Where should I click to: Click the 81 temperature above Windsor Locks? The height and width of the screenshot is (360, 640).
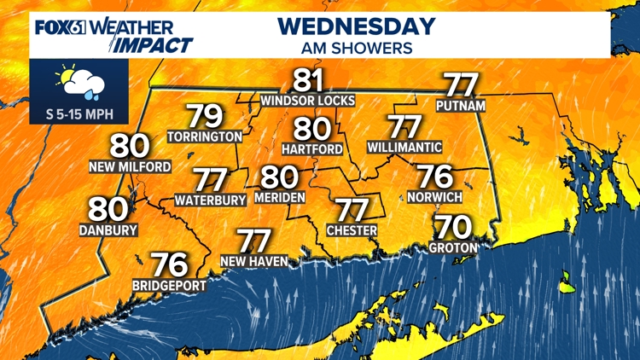(x=308, y=82)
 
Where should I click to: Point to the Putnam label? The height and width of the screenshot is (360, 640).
(x=461, y=106)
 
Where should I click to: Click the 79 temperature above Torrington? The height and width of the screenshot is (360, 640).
(x=205, y=117)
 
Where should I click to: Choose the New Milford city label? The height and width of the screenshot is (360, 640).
(x=130, y=166)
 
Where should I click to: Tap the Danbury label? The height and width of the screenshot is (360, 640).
(x=108, y=229)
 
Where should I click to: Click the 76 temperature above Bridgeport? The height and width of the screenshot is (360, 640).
(x=169, y=265)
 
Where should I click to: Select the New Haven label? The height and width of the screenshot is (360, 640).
(x=253, y=261)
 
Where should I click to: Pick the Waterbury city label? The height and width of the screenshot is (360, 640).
(x=210, y=200)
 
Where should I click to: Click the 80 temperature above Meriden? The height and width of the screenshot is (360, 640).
(x=279, y=177)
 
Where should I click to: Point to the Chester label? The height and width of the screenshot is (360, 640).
(x=352, y=230)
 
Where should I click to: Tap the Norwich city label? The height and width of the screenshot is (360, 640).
(x=435, y=197)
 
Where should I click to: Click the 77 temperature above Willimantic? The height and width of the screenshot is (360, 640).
(x=405, y=127)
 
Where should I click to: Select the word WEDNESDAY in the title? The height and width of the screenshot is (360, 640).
(x=356, y=26)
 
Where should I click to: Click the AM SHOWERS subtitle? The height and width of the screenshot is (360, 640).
(x=356, y=49)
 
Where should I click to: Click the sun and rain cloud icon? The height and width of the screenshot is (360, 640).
(x=79, y=83)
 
